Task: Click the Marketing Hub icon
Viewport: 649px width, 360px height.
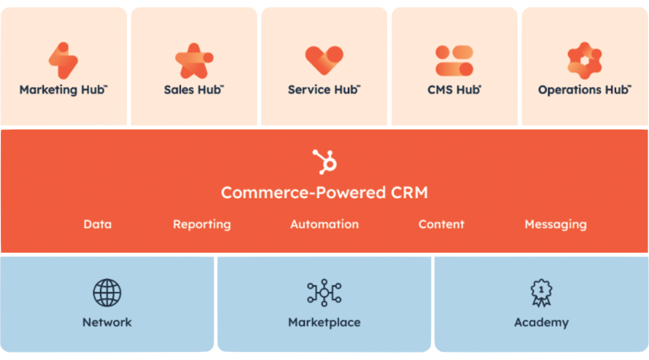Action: pos(63,60)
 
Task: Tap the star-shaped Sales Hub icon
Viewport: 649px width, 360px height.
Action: pos(193,61)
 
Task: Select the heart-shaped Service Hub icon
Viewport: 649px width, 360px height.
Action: pos(324,60)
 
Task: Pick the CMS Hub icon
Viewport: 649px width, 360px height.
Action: pos(454,60)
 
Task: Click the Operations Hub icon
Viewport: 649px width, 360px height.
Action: pos(584,60)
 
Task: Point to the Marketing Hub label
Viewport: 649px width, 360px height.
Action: pos(63,90)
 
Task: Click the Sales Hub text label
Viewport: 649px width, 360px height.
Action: pos(193,90)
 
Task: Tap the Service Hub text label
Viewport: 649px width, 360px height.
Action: pos(324,90)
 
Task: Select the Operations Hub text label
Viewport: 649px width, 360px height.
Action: pos(584,90)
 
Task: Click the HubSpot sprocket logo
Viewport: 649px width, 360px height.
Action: pos(324,161)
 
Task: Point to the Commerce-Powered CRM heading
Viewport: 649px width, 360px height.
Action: pos(324,193)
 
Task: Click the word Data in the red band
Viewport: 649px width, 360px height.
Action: pos(98,224)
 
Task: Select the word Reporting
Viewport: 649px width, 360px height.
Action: pos(202,224)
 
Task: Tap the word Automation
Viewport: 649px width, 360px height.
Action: pos(324,224)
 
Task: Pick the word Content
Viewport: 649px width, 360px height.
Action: pos(441,224)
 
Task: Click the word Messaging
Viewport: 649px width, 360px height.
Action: pos(556,224)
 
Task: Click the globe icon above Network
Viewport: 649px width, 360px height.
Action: pos(107,293)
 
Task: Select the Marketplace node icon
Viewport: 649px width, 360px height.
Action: pos(324,293)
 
